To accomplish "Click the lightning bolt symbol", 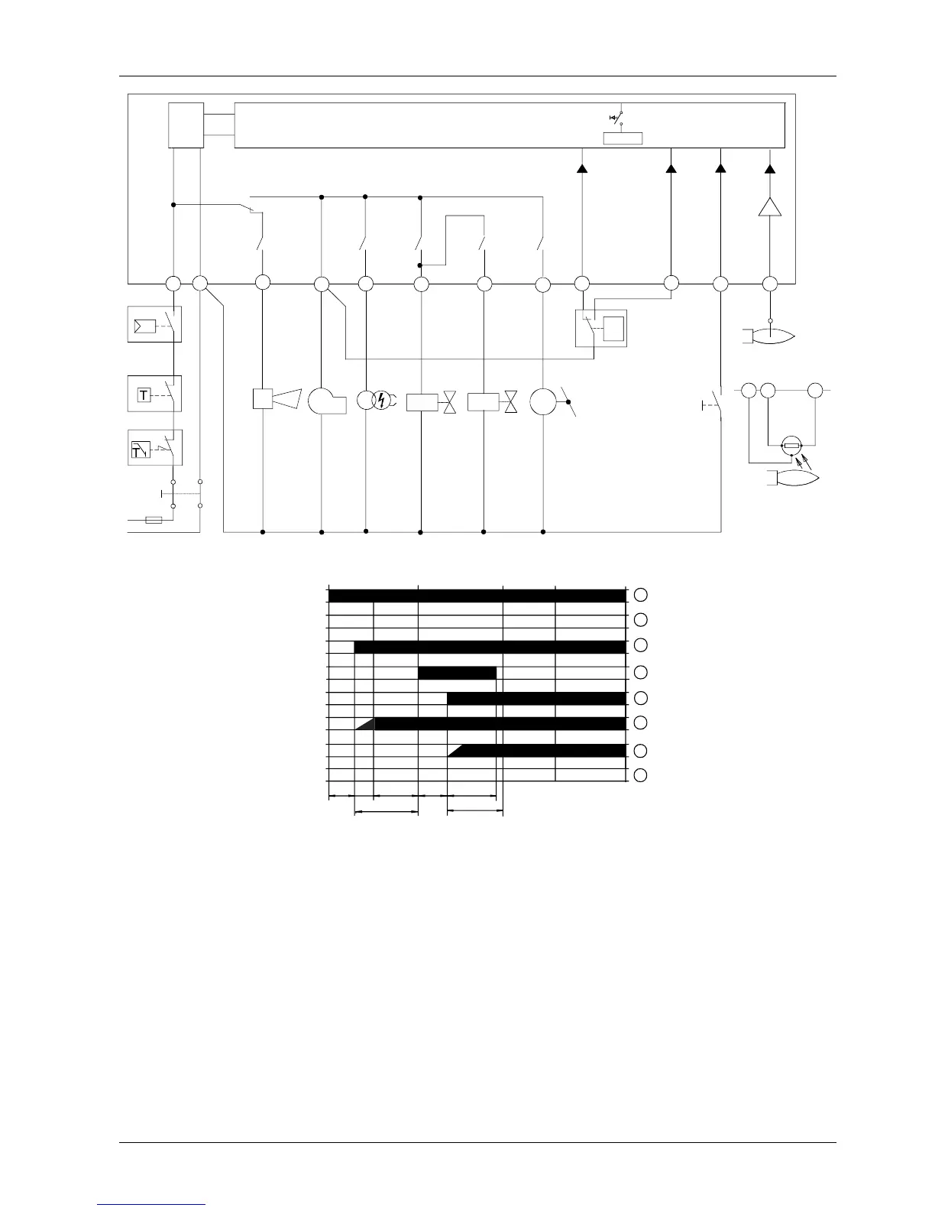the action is [380, 401].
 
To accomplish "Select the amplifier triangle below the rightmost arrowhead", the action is [770, 206].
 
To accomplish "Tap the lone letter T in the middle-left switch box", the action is [144, 395].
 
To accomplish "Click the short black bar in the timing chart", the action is [458, 673].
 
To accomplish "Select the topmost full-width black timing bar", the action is [477, 596].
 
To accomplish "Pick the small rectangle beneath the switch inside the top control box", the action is [623, 138].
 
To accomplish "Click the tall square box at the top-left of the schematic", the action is [186, 125].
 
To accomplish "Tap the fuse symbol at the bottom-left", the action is [154, 521].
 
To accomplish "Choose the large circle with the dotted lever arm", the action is [544, 401].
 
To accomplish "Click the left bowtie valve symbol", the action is [451, 401].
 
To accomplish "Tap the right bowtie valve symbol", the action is [511, 401].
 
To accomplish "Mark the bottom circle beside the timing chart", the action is [641, 775].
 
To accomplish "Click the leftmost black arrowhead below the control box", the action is [582, 167].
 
